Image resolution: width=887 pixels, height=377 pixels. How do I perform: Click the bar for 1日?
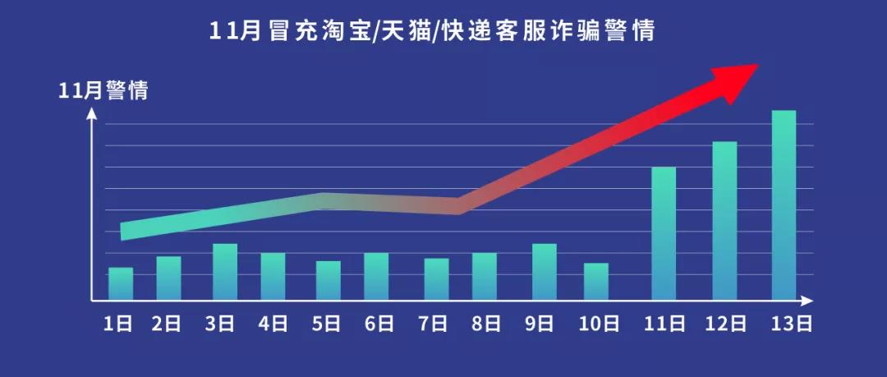click(x=121, y=283)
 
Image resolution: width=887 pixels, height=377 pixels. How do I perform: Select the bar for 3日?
click(x=225, y=271)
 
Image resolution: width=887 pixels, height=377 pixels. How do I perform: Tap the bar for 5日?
click(x=329, y=280)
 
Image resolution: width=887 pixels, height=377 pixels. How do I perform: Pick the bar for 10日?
click(x=596, y=281)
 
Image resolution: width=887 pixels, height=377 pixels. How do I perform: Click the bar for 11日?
click(x=664, y=233)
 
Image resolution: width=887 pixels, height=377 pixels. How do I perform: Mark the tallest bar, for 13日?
click(x=784, y=205)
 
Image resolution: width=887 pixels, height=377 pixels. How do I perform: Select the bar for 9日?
click(x=545, y=271)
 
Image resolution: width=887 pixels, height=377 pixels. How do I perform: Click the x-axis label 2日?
click(x=167, y=323)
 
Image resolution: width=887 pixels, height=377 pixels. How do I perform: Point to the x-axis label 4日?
click(x=273, y=323)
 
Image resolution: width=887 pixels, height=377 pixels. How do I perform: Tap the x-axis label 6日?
click(x=378, y=323)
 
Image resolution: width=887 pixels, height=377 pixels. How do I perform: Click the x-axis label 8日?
click(x=485, y=323)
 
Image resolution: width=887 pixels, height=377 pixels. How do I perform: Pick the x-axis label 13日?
click(x=793, y=323)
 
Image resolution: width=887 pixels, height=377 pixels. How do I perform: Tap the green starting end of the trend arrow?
click(x=126, y=231)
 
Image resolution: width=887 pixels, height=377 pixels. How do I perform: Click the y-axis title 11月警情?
click(x=103, y=91)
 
